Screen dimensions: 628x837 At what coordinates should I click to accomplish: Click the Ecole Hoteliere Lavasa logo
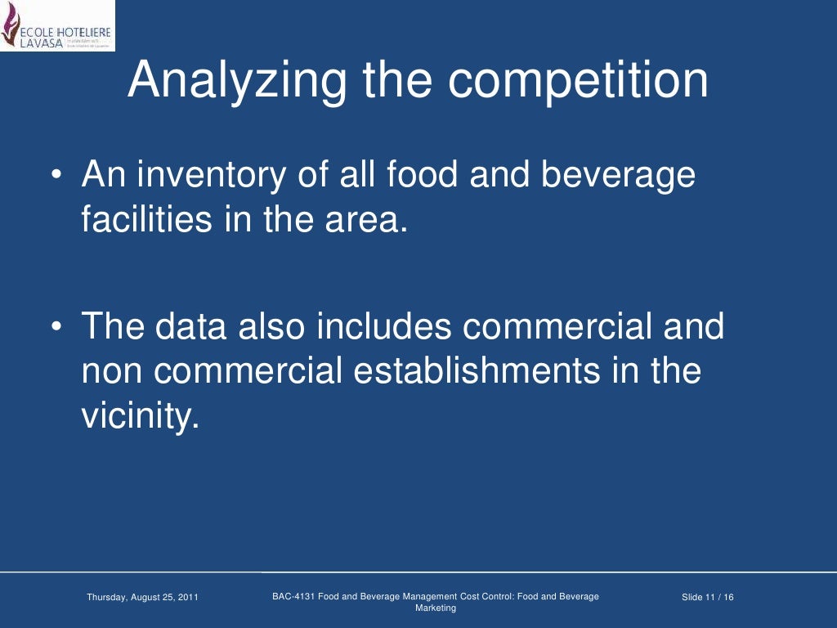click(x=57, y=25)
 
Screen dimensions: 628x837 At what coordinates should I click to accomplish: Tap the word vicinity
click(x=140, y=415)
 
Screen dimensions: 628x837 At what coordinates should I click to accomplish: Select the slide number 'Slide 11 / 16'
click(x=708, y=598)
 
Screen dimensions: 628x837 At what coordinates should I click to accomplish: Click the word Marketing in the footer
click(x=436, y=608)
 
